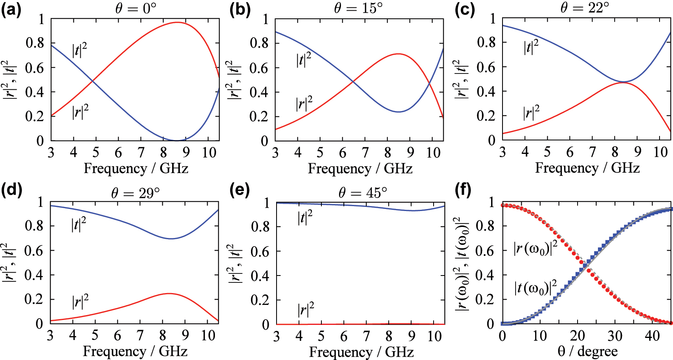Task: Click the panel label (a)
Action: [x=11, y=9]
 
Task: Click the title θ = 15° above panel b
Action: [x=359, y=8]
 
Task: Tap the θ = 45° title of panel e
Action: [x=363, y=192]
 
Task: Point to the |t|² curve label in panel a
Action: [x=80, y=50]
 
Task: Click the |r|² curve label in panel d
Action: [x=80, y=302]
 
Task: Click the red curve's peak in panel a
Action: [x=177, y=22]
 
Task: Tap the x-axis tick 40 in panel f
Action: [x=652, y=336]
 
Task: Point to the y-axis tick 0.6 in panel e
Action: [x=260, y=251]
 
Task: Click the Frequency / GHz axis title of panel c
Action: [x=587, y=168]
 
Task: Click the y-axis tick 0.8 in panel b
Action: [x=259, y=43]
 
